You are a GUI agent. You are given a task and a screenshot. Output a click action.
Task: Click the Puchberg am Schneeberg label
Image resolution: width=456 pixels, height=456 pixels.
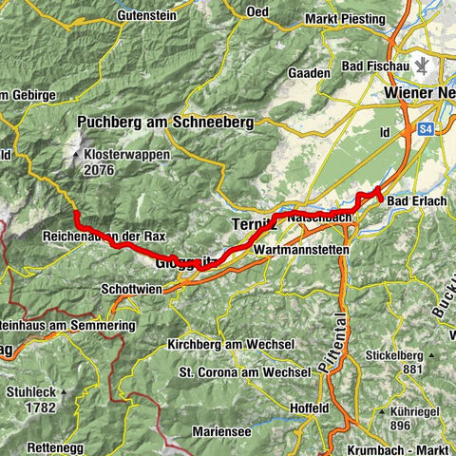(157, 122)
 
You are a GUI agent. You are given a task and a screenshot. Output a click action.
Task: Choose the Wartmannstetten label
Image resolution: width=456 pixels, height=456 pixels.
(302, 249)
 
